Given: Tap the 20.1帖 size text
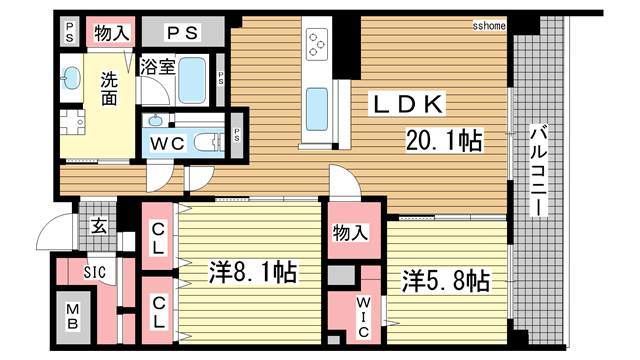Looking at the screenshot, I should point(443,141).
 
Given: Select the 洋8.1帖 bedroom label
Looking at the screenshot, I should point(252,272).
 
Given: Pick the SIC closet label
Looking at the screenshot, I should point(94,270).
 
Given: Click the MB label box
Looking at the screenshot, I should point(73,322).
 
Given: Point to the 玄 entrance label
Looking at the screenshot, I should point(98,225).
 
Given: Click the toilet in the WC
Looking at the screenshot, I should point(208,143).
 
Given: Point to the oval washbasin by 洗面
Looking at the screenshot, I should point(72,77).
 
